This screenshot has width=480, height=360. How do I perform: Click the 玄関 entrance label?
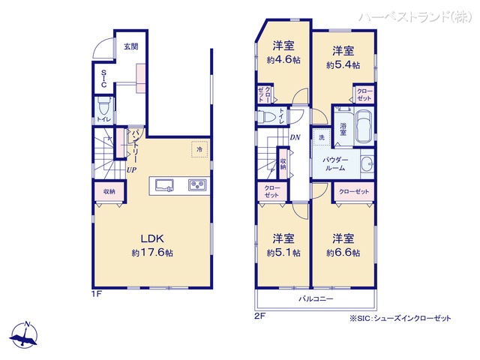point(131,46)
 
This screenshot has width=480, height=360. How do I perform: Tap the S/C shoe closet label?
point(104,79)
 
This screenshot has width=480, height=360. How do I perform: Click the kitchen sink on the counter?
point(163,184)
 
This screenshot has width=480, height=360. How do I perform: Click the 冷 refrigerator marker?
point(199,150)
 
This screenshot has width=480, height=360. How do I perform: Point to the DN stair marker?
point(295,137)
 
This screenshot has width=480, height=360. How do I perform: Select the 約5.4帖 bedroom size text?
point(343,65)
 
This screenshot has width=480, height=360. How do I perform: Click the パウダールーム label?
point(334,165)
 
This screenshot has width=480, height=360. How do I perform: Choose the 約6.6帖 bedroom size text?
point(343,253)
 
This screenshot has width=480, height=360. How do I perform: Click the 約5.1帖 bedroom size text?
point(283,253)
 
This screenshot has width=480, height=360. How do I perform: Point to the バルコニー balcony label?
point(316,299)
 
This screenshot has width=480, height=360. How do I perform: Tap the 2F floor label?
point(260,317)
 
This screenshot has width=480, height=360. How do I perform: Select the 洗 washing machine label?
point(320,138)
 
